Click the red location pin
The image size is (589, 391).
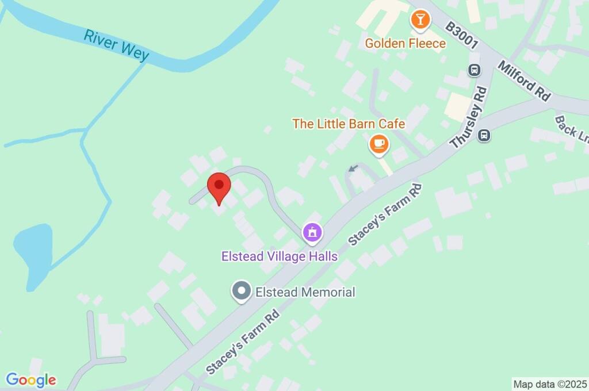(219, 187)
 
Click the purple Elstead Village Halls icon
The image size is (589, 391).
(312, 232)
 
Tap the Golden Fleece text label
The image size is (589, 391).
(406, 43)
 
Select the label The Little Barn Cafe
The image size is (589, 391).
(349, 124)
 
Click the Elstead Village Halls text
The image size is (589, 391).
(280, 256)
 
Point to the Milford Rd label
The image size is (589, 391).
(525, 80)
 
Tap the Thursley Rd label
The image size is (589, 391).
(469, 118)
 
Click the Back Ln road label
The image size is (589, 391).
(571, 131)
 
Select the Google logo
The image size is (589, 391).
(31, 380)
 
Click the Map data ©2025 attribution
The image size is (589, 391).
(550, 384)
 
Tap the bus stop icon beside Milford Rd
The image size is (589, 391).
(475, 70)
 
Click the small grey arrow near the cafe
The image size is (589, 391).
(353, 168)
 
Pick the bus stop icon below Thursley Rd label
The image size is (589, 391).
(485, 136)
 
